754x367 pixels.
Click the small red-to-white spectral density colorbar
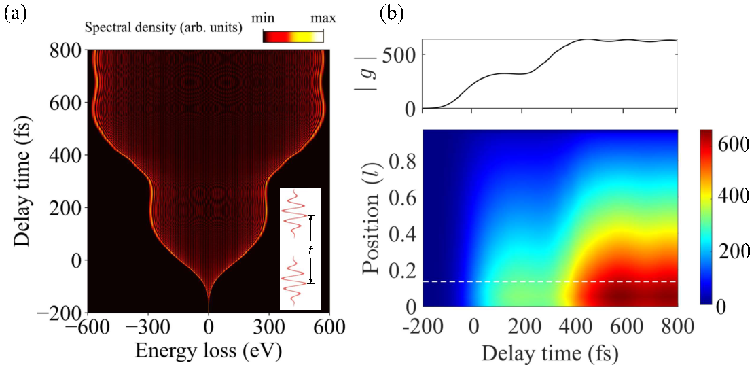tap(293, 36)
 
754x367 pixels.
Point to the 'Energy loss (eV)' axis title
tap(208, 350)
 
